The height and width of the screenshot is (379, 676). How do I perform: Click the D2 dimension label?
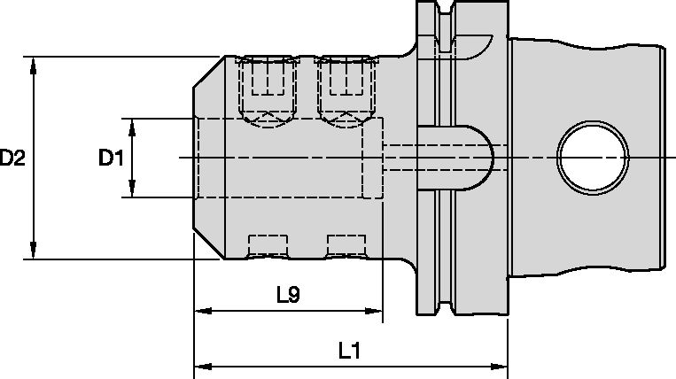pos(12,159)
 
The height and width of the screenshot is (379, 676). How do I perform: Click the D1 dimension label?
pos(110,159)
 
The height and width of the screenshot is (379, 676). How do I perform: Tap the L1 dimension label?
pos(349,351)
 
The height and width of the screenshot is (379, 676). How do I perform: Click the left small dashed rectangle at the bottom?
pos(268,244)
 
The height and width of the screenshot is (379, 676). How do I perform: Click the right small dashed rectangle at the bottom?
pos(346,244)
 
